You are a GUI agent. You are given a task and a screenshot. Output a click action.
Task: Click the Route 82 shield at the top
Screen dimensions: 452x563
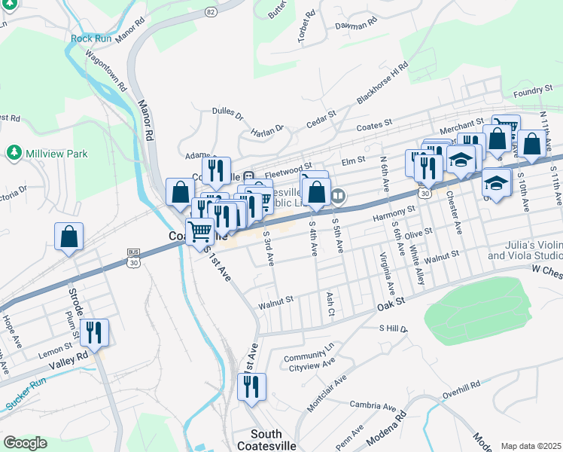(210, 12)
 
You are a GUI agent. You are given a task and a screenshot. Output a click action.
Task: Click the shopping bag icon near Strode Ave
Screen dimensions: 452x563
(68, 237)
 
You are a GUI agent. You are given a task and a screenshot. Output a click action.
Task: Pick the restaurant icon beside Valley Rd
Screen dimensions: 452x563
(94, 331)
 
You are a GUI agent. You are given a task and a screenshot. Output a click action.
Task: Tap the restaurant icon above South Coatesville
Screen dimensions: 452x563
(251, 387)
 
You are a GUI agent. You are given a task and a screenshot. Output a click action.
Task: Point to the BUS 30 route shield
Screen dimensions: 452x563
(134, 257)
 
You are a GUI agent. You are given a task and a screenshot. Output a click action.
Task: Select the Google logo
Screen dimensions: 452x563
(25, 443)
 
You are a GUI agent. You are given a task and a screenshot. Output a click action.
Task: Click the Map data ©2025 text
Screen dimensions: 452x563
(530, 446)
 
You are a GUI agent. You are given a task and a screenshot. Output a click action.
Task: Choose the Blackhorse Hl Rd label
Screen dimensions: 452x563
(382, 82)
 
